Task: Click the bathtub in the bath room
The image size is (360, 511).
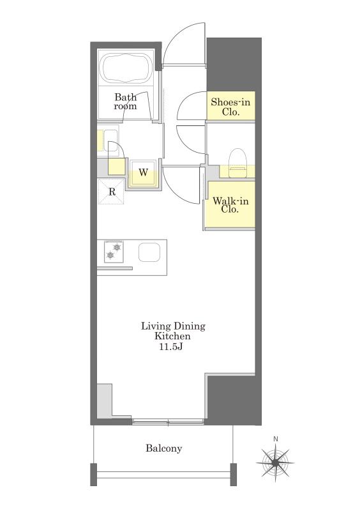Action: [x=126, y=68]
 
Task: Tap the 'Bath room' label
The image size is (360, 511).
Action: [x=126, y=102]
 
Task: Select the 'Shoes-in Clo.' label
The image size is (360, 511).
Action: [x=230, y=107]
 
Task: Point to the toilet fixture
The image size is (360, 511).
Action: [x=237, y=163]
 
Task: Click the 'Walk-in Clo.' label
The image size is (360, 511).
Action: [x=230, y=204]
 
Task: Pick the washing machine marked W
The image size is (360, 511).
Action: [x=144, y=172]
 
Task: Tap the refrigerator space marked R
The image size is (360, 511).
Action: [x=112, y=192]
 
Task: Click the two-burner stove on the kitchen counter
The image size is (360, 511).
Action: [x=114, y=251]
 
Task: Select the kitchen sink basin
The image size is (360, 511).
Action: [x=149, y=252]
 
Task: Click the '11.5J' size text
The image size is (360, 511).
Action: [x=170, y=347]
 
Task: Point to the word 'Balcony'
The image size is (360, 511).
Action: [x=163, y=448]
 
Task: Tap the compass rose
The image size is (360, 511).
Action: [x=275, y=462]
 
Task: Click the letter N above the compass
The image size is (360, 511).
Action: [x=276, y=439]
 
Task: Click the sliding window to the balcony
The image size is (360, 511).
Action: [x=168, y=422]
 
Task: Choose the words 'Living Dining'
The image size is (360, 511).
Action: [x=173, y=326]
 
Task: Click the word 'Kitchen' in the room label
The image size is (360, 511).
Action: [x=172, y=336]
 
